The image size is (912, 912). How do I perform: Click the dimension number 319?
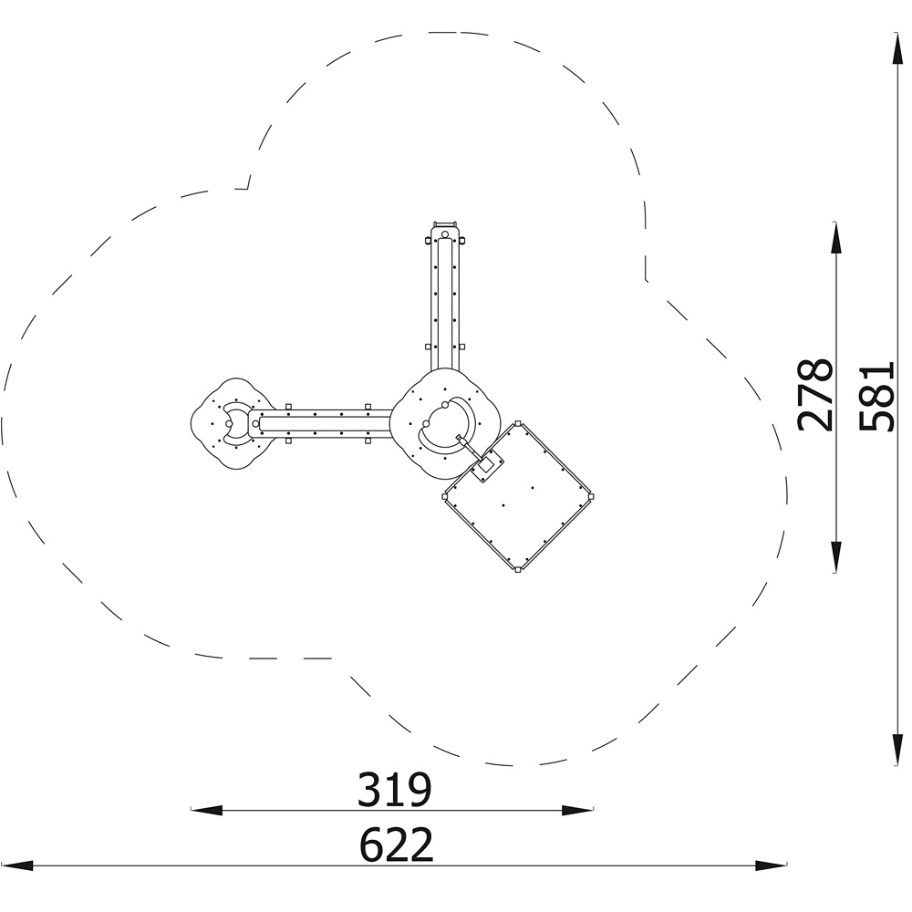tap(394, 789)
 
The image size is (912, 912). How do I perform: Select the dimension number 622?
tap(397, 844)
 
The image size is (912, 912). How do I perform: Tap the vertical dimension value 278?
tap(815, 396)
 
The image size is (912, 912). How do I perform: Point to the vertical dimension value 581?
tap(876, 397)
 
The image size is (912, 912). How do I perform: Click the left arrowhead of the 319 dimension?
tap(207, 810)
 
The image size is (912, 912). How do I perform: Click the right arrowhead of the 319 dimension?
tap(577, 810)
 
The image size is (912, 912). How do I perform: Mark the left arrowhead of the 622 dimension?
tap(16, 865)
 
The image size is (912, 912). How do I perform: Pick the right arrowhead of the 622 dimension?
tap(772, 865)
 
